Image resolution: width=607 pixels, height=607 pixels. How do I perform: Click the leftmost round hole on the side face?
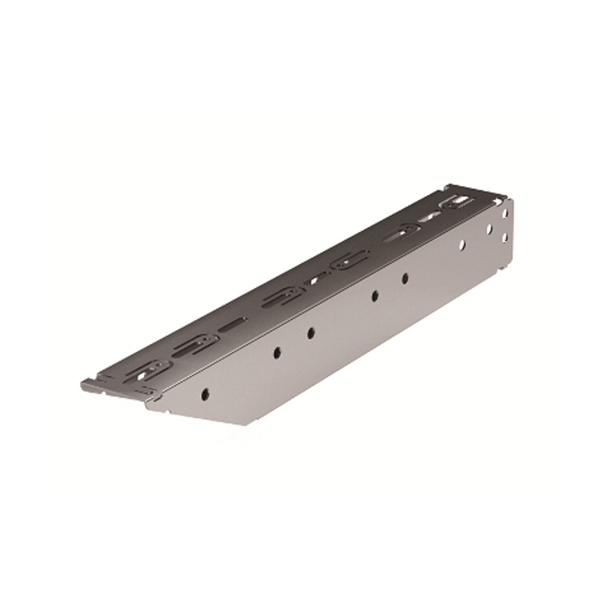pyautogui.click(x=205, y=393)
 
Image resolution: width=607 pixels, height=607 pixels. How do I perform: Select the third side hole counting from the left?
pyautogui.click(x=311, y=332)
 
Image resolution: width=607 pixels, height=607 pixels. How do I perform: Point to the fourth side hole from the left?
pyautogui.click(x=375, y=295)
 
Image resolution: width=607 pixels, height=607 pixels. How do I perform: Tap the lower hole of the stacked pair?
pyautogui.click(x=505, y=237)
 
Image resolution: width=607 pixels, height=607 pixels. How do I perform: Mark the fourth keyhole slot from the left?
pyautogui.click(x=349, y=262)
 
